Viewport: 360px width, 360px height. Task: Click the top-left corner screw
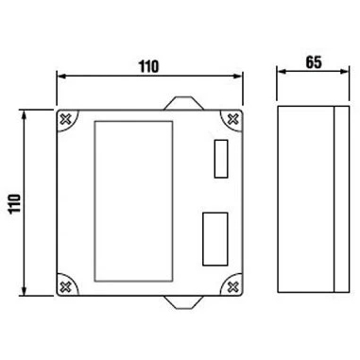[x=65, y=119]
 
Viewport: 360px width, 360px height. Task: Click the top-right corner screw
[x=232, y=119]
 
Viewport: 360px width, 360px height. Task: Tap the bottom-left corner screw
[x=65, y=286]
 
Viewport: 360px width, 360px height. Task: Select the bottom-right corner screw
[x=232, y=286]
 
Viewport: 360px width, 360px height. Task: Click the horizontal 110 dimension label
[x=149, y=66]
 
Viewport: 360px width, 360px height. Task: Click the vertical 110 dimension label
[x=15, y=204]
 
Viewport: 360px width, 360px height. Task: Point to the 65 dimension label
[x=314, y=62]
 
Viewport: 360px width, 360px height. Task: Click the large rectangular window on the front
[x=133, y=201]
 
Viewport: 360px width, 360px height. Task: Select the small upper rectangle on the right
[x=221, y=159]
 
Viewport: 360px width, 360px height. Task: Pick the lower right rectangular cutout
[x=215, y=239]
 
